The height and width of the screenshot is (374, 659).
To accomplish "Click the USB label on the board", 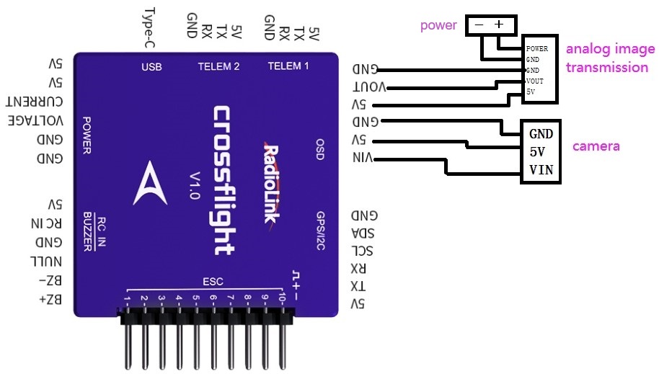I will point(151,67).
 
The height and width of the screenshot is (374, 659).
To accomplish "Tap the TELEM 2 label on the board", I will point(218,67).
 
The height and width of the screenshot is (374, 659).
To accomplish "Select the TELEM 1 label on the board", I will point(288,66).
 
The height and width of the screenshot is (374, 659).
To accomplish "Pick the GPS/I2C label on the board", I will point(321,231).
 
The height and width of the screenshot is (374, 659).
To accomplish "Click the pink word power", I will point(438,26).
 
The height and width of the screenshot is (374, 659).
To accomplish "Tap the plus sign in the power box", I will point(498,24).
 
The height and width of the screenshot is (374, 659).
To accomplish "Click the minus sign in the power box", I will point(479,24).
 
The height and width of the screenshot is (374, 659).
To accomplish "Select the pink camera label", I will point(596,146).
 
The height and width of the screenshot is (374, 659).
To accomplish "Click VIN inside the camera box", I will point(541,171).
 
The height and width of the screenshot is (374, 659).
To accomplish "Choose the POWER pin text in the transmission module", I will point(537,48).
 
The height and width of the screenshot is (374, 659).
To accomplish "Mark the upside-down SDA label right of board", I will point(364,233).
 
